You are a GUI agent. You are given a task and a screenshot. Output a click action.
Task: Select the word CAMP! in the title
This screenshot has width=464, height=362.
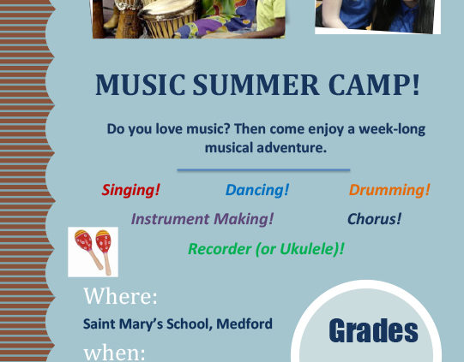tap(374, 85)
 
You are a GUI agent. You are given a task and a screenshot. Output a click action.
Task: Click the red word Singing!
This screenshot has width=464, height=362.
tap(131, 190)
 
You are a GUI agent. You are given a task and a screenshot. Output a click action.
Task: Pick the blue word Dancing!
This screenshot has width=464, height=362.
tap(257, 190)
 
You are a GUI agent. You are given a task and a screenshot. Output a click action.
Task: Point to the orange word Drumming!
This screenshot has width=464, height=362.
tap(389, 190)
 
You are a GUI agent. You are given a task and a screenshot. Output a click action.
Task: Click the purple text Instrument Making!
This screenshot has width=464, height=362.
tap(202, 219)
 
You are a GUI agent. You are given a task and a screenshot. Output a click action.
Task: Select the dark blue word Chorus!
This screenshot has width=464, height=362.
tap(374, 219)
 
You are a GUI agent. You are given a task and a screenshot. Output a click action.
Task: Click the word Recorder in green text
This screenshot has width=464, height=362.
tap(220, 249)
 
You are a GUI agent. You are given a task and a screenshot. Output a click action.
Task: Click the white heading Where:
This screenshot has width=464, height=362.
tap(120, 296)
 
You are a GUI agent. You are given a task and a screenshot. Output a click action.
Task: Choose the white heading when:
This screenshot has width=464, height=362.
tap(115, 353)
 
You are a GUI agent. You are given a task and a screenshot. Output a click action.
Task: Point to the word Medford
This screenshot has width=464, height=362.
tap(244, 323)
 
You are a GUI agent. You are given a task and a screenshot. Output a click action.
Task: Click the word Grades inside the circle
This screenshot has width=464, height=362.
tap(373, 330)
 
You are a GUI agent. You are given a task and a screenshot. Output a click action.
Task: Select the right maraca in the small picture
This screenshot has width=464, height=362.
tap(105, 250)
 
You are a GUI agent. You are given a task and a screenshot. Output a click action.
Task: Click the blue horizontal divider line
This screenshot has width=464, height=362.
tap(263, 170)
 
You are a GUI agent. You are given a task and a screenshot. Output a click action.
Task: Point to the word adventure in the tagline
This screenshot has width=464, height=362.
tap(292, 148)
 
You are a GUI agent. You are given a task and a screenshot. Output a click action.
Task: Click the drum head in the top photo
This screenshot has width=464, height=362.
tap(167, 8)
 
